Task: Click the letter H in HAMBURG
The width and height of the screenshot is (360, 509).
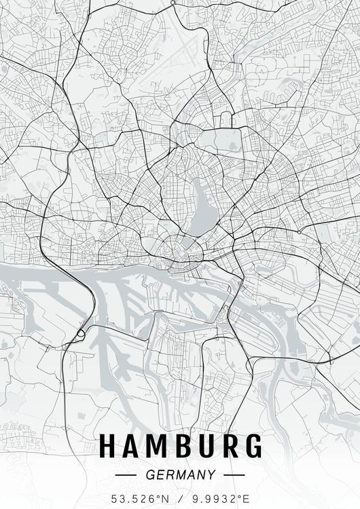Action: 109,446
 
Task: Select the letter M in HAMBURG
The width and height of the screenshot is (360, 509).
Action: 158,446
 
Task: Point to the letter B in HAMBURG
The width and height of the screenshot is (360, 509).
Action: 183,446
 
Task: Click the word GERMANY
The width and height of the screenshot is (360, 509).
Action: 181,475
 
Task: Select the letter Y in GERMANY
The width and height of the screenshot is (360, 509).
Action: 212,475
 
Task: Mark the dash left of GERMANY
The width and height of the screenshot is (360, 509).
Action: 127,475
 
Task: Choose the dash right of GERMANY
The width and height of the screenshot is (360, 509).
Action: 234,475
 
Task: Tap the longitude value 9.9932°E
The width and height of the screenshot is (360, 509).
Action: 220,499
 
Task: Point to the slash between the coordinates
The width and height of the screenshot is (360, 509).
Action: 180,499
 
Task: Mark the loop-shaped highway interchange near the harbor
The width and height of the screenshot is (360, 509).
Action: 81,333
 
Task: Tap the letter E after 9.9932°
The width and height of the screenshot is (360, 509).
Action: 245,499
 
